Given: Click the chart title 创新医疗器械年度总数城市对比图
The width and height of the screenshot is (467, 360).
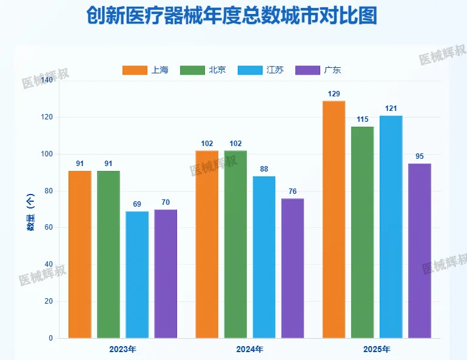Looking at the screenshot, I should tap(232, 16).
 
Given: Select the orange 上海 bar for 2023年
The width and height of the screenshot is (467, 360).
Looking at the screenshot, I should tap(79, 255).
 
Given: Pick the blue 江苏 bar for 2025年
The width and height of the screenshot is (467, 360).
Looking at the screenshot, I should tap(391, 227).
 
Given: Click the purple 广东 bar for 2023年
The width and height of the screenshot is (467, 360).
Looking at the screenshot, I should tap(166, 274).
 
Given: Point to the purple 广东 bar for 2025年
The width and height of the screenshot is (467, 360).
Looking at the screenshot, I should tap(419, 251).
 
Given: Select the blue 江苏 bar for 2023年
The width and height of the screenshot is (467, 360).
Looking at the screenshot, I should tap(137, 275).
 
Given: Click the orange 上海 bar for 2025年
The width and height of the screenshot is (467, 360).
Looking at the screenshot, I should tap(334, 219).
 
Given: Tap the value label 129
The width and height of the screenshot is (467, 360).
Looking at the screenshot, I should tap(334, 94).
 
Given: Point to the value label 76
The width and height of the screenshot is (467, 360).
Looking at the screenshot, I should tap(292, 192).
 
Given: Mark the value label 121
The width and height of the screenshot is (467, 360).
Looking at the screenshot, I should tap(391, 108).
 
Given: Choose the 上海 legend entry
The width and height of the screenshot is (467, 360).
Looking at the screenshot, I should tap(146, 70).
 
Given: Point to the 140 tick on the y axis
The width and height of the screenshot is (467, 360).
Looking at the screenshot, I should tap(46, 80).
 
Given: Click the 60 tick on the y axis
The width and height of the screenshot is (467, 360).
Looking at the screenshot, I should tap(48, 228).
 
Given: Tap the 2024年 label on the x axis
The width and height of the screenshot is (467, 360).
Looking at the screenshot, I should tap(250, 350).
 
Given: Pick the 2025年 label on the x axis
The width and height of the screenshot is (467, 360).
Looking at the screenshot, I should tap(377, 350).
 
